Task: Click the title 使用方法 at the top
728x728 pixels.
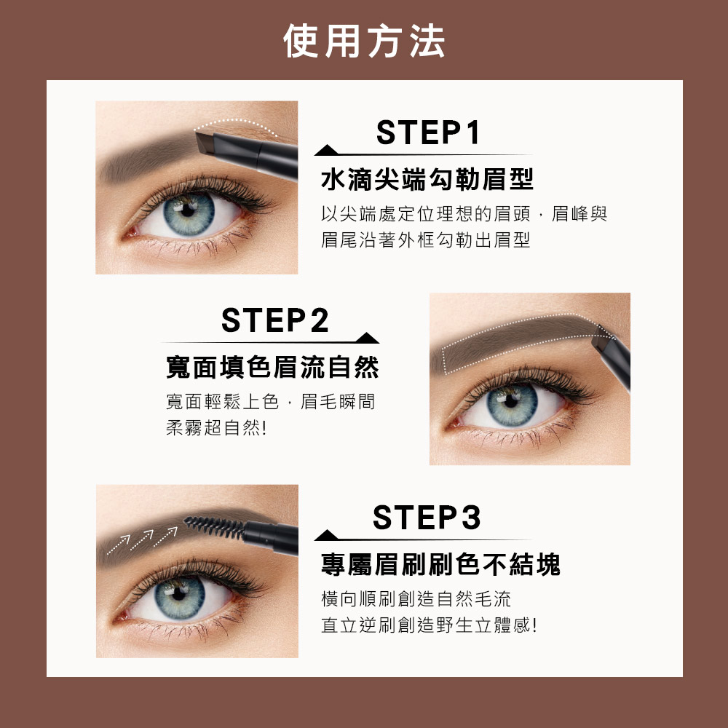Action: pos(364,41)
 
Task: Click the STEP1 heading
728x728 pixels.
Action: pos(427,132)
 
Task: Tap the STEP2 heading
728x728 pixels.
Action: pos(275,320)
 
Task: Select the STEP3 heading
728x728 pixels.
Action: pos(427,517)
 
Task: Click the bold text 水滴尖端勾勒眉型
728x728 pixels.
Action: pos(427,179)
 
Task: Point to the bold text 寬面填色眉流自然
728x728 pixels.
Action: pos(272,367)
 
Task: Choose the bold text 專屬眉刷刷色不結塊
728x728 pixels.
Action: pos(440,564)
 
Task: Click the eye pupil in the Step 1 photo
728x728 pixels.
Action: pos(188,210)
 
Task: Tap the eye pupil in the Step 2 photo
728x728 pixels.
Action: pos(511,401)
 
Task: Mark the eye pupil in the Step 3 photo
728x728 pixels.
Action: pos(179,593)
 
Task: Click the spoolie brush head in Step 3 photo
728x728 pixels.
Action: pos(214,527)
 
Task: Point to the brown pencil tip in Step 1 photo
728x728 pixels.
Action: pos(204,143)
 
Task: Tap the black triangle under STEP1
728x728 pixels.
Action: pos(326,151)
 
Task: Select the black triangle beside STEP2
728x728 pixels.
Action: pos(367,338)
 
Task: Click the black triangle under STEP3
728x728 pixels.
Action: pos(326,535)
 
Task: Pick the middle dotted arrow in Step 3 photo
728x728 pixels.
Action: pos(142,540)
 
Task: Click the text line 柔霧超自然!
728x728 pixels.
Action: pos(216,427)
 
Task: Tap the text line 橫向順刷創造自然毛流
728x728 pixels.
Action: pos(416,599)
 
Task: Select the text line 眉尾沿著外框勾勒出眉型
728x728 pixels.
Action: pos(425,240)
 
